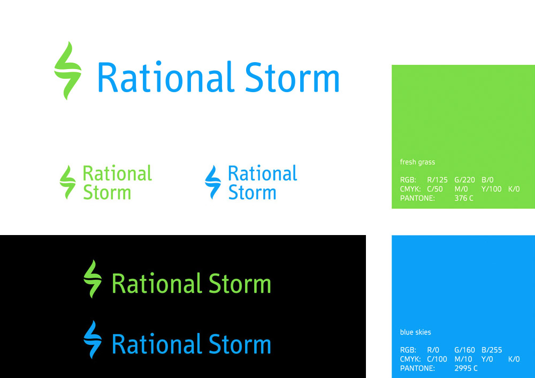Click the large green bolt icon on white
click(x=68, y=71)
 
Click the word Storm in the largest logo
click(x=293, y=77)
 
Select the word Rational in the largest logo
click(x=166, y=77)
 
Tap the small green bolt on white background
click(x=67, y=182)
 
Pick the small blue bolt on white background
click(x=213, y=182)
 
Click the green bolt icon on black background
click(x=93, y=279)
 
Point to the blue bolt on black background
click(x=93, y=339)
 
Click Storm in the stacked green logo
click(x=107, y=192)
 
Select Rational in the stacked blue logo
click(x=262, y=173)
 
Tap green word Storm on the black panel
click(x=240, y=283)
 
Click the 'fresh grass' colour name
click(x=417, y=162)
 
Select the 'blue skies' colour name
click(x=415, y=332)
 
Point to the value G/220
click(x=464, y=179)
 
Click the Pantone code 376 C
click(x=464, y=198)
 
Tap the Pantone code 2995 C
click(x=466, y=368)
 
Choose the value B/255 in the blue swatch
click(x=492, y=350)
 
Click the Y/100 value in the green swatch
click(x=491, y=189)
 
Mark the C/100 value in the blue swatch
click(x=437, y=359)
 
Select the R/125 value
click(x=437, y=179)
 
